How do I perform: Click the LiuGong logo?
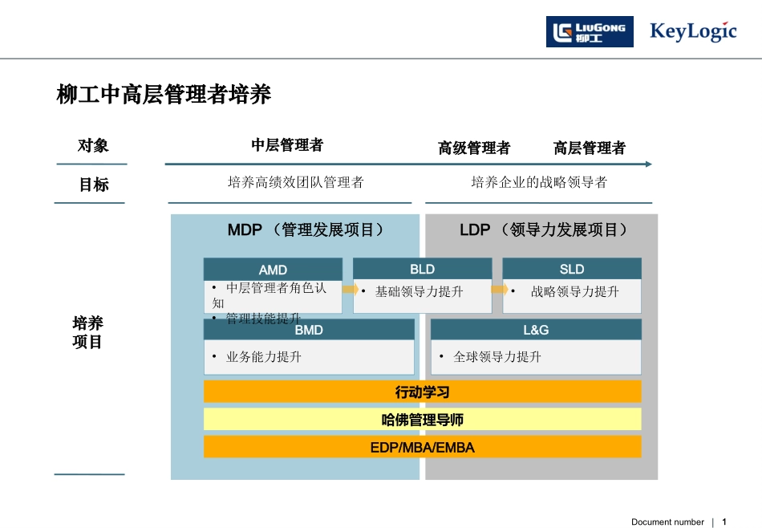point(590,32)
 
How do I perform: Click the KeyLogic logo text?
point(693,32)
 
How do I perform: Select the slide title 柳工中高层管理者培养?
point(164,95)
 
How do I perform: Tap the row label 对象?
point(93,146)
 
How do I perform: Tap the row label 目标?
point(93,185)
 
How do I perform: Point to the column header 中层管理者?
point(287,145)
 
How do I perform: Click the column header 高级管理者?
point(474,148)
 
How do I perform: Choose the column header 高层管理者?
point(590,148)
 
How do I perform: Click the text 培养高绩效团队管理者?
point(296,183)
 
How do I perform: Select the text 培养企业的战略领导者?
point(539,183)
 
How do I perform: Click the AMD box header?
point(273,270)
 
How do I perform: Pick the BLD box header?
point(422,269)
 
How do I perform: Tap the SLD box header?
point(572,269)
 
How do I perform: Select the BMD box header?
point(309,330)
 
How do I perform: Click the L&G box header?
point(536,330)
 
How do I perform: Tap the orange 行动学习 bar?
point(422,392)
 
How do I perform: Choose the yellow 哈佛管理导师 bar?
point(422,420)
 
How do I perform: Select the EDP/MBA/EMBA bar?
point(422,447)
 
